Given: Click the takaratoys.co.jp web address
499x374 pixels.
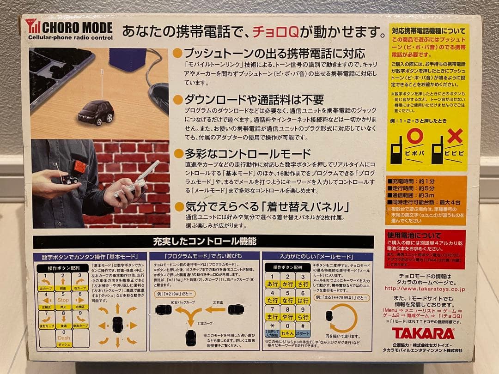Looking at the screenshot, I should tap(424, 289).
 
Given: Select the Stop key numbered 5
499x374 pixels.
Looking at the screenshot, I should tap(63, 301).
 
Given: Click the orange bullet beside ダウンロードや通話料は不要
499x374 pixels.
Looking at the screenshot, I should tap(177, 100).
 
